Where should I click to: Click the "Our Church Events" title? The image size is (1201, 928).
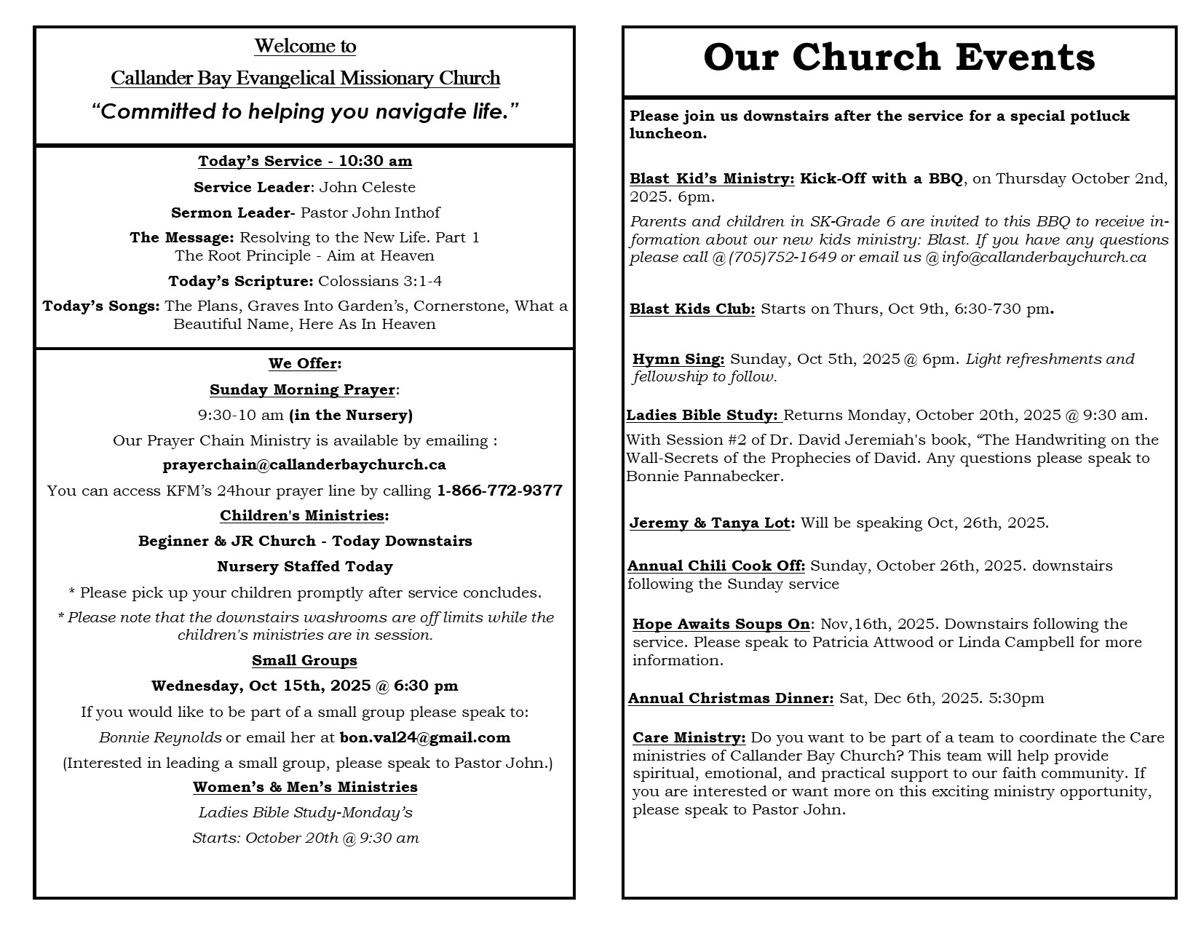click(x=899, y=57)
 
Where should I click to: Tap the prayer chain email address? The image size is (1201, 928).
click(x=304, y=464)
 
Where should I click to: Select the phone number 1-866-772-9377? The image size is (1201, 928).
click(x=499, y=491)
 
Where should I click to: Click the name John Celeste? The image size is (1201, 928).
click(x=367, y=187)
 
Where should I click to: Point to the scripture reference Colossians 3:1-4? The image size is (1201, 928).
click(x=380, y=281)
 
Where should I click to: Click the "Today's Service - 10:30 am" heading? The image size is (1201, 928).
click(x=305, y=161)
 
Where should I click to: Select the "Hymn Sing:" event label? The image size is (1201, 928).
click(x=678, y=359)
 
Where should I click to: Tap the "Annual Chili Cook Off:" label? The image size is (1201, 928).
click(x=716, y=566)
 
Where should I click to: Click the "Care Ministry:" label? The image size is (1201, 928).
click(x=689, y=737)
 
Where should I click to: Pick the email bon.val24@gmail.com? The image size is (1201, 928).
click(x=425, y=737)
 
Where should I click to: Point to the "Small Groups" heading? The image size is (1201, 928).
click(x=304, y=660)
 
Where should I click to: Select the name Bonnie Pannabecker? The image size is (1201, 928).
click(x=705, y=477)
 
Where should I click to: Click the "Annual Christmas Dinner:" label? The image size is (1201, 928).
click(x=731, y=698)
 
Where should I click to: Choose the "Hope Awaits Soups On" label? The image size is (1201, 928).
click(x=721, y=624)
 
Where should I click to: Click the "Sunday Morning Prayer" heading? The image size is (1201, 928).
click(x=302, y=389)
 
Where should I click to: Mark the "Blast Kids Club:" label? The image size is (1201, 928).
click(x=692, y=309)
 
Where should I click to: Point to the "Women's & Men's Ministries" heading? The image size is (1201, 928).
click(x=305, y=787)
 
